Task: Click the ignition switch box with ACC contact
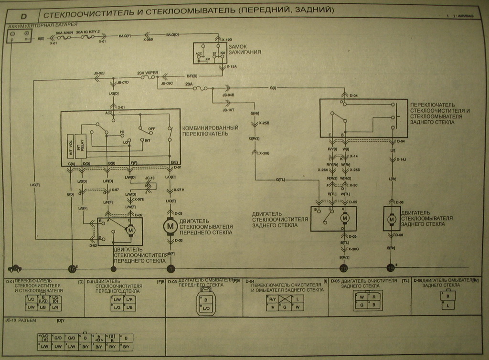[x=210, y=53]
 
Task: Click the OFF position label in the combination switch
[x=151, y=128]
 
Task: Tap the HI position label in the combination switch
[x=122, y=131]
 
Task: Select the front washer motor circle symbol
[x=170, y=227]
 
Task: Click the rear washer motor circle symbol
[x=392, y=219]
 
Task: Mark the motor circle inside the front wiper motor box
[x=130, y=231]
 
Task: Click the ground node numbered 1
[x=170, y=269]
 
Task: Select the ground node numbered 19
[x=391, y=268]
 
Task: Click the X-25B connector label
[x=264, y=123]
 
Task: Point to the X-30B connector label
[x=264, y=153]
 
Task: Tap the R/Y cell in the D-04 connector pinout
[x=273, y=298]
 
